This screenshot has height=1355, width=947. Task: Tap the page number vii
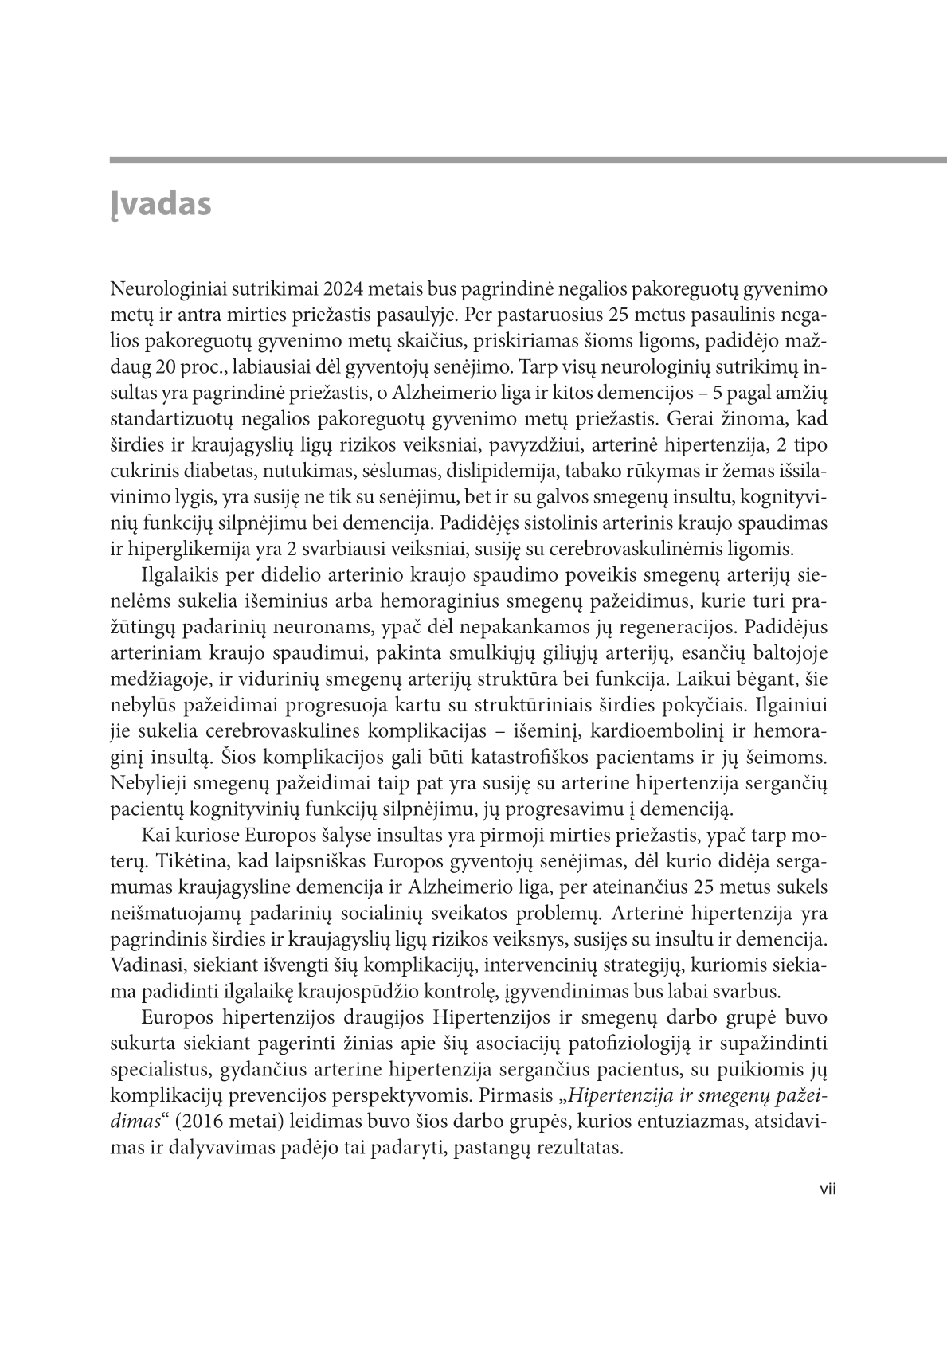(x=828, y=1191)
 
